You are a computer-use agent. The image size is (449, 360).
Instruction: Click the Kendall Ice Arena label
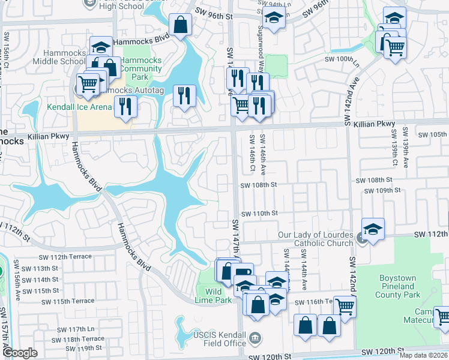tap(80, 107)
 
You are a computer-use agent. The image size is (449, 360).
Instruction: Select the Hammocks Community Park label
tap(142, 69)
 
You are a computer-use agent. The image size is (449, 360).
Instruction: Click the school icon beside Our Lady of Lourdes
tap(373, 229)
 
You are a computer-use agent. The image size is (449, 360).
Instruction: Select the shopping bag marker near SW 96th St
tap(180, 25)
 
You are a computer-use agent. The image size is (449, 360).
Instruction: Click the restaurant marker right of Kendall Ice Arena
tap(125, 106)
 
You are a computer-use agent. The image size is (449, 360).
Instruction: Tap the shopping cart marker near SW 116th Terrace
tap(345, 306)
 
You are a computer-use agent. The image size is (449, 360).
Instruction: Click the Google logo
tap(20, 353)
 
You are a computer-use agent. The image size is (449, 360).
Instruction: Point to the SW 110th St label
tap(259, 214)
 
